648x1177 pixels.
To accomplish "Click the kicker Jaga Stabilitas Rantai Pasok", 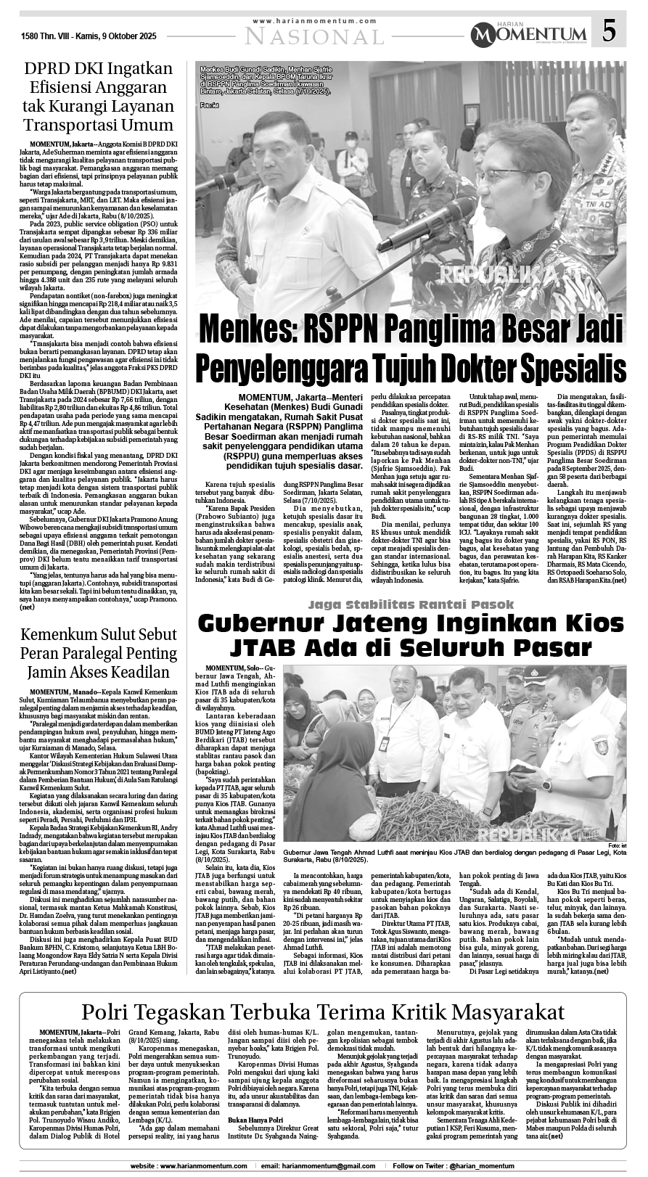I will coord(410,604).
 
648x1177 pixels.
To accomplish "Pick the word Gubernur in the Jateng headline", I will coord(264,624).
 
